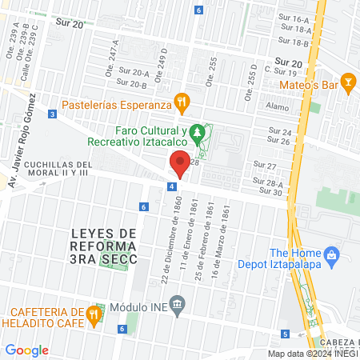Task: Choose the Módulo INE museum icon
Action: tap(178, 304)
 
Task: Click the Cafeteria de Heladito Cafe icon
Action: tap(94, 314)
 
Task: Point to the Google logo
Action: tap(26, 350)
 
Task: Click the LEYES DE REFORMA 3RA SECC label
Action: tap(104, 246)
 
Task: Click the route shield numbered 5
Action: tap(285, 334)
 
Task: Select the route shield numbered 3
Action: tap(52, 114)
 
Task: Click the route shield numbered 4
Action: tap(172, 186)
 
